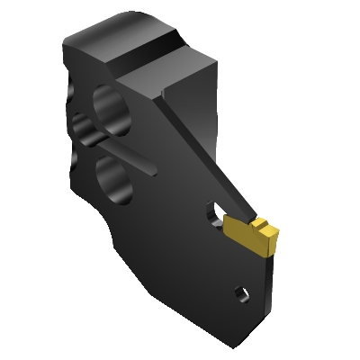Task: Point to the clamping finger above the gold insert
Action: coord(238,218)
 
